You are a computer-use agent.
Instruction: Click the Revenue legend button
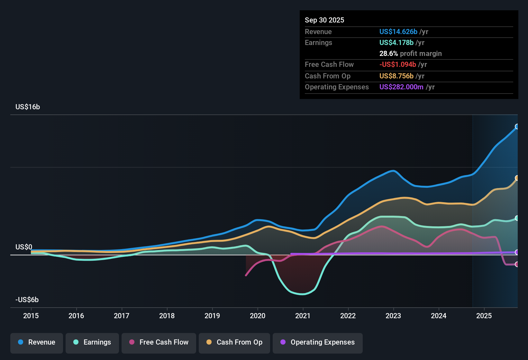pos(37,342)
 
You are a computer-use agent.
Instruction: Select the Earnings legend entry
pos(92,342)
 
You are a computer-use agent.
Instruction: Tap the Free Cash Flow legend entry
pos(159,342)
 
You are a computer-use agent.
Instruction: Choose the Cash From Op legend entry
pos(234,342)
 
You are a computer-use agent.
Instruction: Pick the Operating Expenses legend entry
pos(317,342)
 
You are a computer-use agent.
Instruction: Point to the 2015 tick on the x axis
pos(31,316)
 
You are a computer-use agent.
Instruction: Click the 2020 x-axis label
pos(258,316)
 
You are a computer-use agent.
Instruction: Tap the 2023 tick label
pos(393,316)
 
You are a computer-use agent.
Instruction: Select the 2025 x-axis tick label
pos(484,316)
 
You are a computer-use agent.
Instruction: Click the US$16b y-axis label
pos(28,107)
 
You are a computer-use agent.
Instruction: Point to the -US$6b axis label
pos(27,300)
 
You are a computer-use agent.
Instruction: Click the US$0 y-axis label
pos(24,247)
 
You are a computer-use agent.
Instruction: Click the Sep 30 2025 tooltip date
pos(324,20)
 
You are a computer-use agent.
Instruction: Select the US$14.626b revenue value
pos(398,32)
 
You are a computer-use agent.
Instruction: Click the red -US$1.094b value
pos(397,64)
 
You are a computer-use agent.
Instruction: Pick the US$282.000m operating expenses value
pos(401,87)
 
